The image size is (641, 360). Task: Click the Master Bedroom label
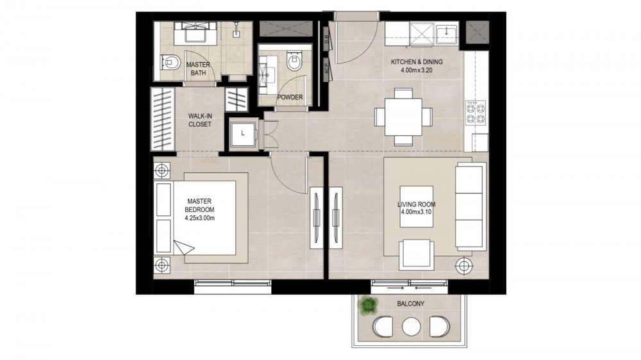199,205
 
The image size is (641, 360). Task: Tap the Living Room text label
416,204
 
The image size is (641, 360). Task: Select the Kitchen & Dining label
417,62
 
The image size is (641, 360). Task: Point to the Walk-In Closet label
200,120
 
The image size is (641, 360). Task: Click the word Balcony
410,304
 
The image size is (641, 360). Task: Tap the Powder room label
290,97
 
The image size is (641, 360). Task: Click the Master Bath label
198,69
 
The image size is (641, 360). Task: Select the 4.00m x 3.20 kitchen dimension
417,70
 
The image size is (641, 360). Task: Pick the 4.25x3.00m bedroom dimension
199,218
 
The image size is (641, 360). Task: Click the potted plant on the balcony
368,306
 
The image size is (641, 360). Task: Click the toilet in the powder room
294,61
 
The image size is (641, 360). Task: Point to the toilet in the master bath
171,62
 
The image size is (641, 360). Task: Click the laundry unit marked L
243,133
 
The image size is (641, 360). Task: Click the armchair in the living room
417,254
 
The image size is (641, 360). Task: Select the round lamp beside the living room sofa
463,266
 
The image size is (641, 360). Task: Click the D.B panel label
327,40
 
